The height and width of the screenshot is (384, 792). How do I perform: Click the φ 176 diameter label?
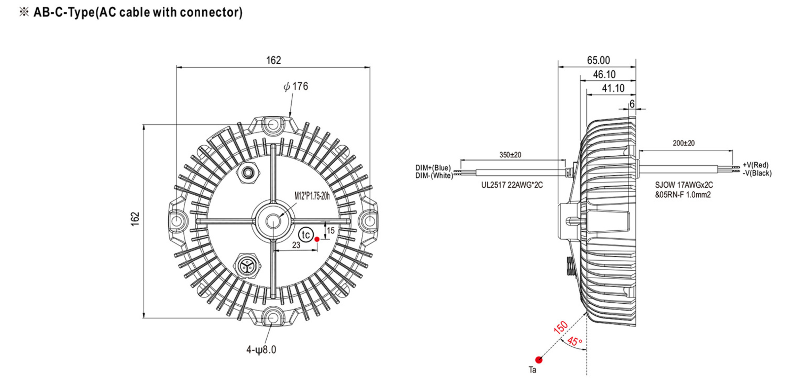[296, 86]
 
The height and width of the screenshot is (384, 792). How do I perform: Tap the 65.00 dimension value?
[598, 60]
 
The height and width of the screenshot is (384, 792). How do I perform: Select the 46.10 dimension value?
[604, 74]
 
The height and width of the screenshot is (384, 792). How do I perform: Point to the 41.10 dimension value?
[613, 88]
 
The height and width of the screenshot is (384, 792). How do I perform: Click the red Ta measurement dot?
[539, 360]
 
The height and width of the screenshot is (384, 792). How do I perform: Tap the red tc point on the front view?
[317, 239]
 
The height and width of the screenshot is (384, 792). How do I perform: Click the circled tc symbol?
[306, 235]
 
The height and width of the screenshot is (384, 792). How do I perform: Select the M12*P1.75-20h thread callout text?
[312, 196]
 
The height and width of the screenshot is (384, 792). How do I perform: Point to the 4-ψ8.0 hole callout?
[261, 350]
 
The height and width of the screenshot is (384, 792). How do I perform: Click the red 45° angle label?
[575, 341]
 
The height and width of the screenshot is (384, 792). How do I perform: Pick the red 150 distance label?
[560, 327]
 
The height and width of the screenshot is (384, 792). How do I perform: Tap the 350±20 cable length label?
[510, 155]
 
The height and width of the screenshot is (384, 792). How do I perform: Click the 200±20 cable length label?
[683, 143]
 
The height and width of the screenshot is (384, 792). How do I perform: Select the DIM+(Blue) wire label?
[433, 168]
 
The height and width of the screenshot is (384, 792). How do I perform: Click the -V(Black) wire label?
[757, 173]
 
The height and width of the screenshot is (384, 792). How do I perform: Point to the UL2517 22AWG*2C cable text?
[512, 185]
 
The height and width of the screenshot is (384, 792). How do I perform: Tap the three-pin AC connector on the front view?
[247, 265]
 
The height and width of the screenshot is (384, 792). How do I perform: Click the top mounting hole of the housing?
[273, 125]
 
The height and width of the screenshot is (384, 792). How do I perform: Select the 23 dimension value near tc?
[296, 245]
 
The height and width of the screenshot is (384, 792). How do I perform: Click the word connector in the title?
[209, 12]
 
